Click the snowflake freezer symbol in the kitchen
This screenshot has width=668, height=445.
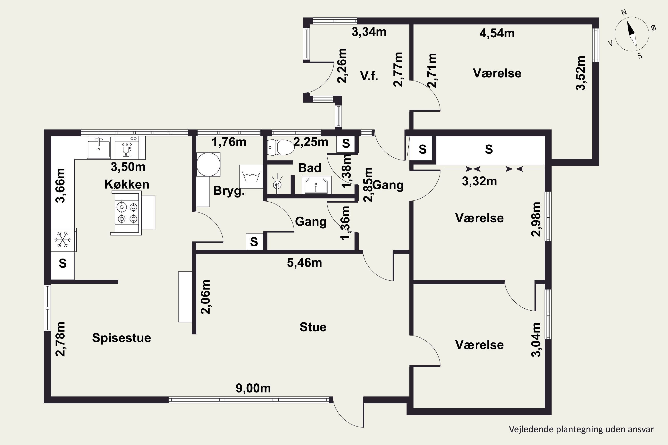pos(63,240)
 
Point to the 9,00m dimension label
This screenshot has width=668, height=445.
pos(253,388)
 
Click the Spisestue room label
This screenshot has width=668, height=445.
pos(122,338)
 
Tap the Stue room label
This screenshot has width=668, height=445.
pos(313,327)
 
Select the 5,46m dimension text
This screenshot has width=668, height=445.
pos(304,263)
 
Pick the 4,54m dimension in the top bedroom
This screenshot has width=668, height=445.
pos(497,33)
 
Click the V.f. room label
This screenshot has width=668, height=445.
pos(369,76)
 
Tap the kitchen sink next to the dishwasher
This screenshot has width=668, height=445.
pos(99,147)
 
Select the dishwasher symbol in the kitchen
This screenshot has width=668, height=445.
pos(127,148)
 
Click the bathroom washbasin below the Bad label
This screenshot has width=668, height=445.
pos(316,185)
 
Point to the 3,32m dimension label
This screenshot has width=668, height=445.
pos(479,181)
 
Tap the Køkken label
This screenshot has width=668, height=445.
pos(127,184)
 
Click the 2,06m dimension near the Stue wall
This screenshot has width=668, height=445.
pos(206,297)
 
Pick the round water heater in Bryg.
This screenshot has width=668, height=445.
pos(208,165)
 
